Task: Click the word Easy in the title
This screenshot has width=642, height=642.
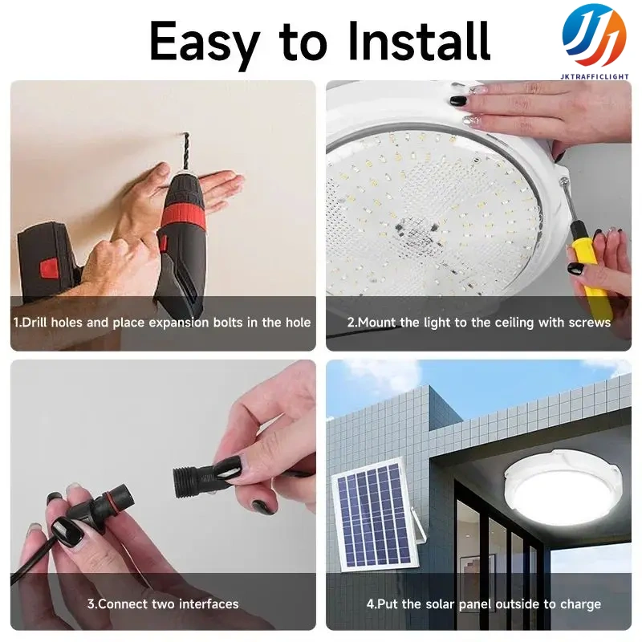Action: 205,44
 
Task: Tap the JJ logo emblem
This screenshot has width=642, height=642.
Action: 594,35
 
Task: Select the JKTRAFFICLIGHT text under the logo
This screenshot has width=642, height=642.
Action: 595,76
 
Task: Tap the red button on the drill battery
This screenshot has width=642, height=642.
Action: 49,269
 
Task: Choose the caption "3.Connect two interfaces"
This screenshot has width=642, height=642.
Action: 163,604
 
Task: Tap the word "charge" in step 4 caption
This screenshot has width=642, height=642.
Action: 580,605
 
